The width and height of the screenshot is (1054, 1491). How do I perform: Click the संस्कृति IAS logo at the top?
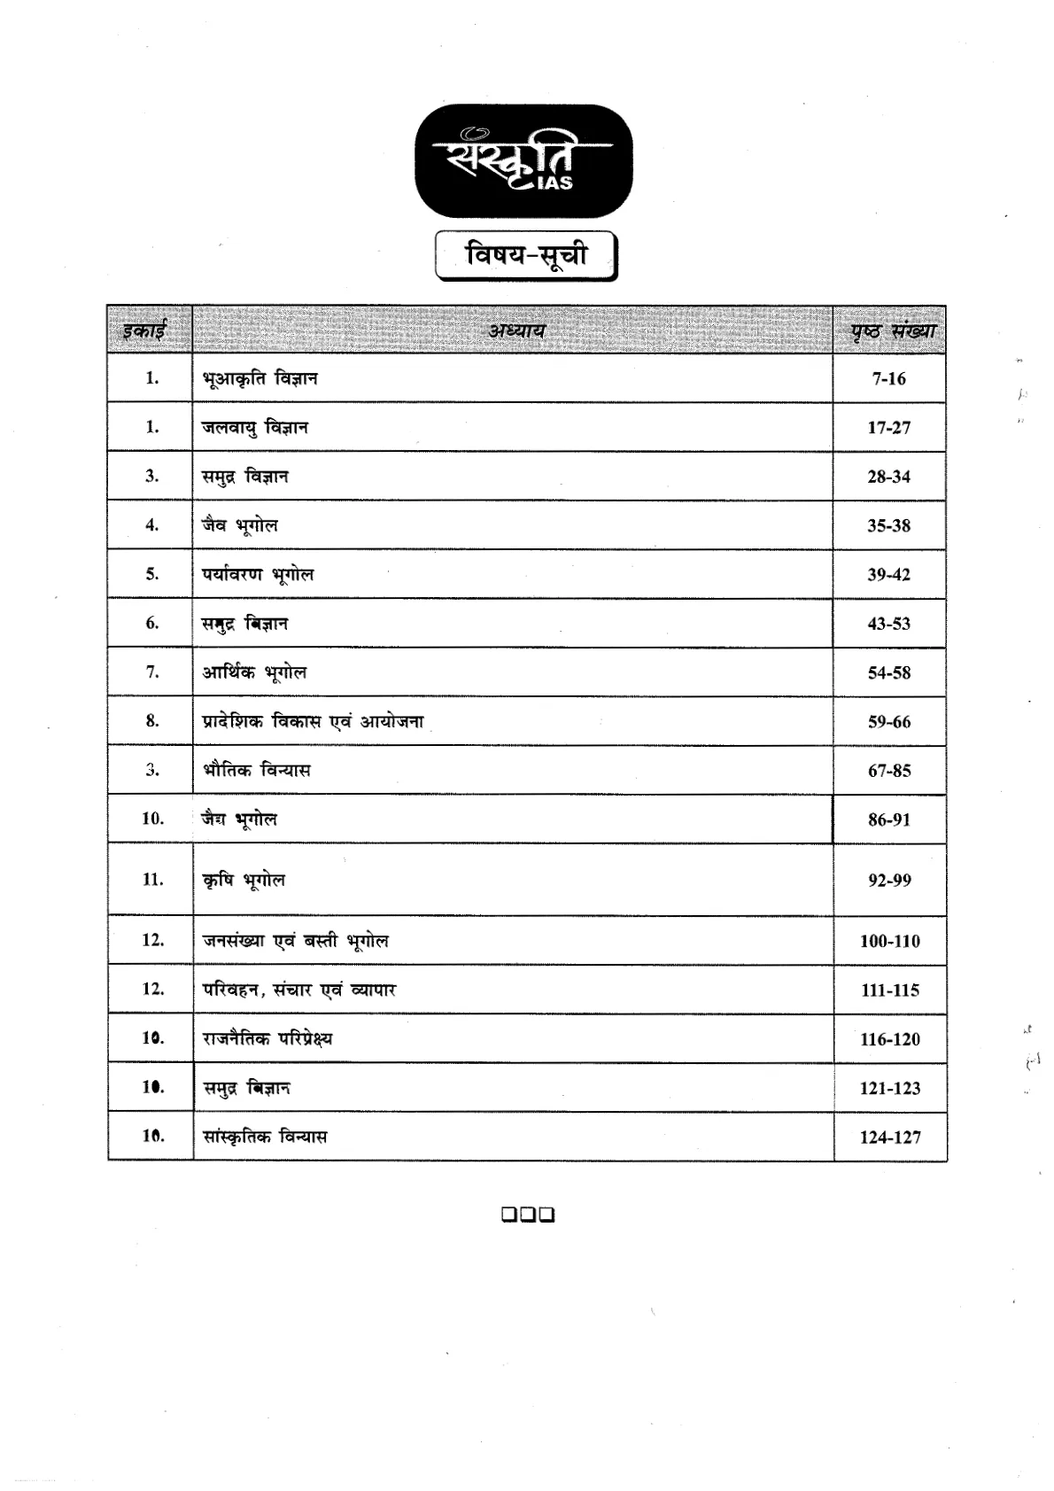point(524,160)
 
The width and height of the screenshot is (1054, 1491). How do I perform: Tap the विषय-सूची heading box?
point(526,256)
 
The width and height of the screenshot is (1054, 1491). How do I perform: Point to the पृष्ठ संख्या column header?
point(890,331)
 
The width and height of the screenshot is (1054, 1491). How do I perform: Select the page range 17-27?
point(888,428)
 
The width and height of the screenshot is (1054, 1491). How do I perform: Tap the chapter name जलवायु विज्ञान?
point(255,428)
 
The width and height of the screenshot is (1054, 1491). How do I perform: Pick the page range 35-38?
point(888,526)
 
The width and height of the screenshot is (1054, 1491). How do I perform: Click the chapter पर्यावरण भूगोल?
point(258,575)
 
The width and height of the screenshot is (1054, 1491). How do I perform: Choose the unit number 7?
point(152,672)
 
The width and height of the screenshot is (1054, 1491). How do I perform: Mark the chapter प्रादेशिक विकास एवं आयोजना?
point(313,722)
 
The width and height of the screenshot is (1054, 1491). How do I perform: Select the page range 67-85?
point(889,771)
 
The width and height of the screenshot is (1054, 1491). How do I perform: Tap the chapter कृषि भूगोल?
point(244,881)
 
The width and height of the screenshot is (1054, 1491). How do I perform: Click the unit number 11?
point(152,880)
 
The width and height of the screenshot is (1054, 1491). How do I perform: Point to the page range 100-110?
point(890,942)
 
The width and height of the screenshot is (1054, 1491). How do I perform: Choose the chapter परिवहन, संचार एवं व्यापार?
point(299,990)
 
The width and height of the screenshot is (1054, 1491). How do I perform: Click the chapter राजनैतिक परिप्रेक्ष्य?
point(267,1039)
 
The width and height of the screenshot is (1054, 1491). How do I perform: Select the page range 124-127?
point(890,1138)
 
